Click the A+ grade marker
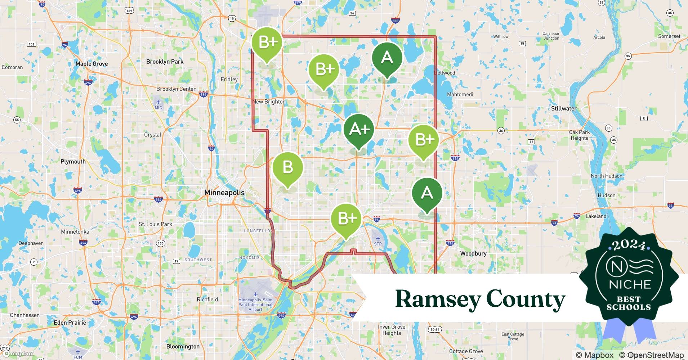point(358,129)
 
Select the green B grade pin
point(287,168)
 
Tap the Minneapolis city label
point(224,193)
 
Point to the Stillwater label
point(564,108)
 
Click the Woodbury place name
point(473,253)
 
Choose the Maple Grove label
point(91,64)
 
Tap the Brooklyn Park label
point(165,62)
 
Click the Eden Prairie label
point(70,323)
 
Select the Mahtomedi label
point(460,94)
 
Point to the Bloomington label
point(183,346)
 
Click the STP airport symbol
point(378,238)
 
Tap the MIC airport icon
point(158,102)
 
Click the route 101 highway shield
point(32,44)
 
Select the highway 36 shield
point(501,131)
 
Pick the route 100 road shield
point(160,243)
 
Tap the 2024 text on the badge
point(629,245)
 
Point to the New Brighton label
point(269,102)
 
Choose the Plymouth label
point(73,162)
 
